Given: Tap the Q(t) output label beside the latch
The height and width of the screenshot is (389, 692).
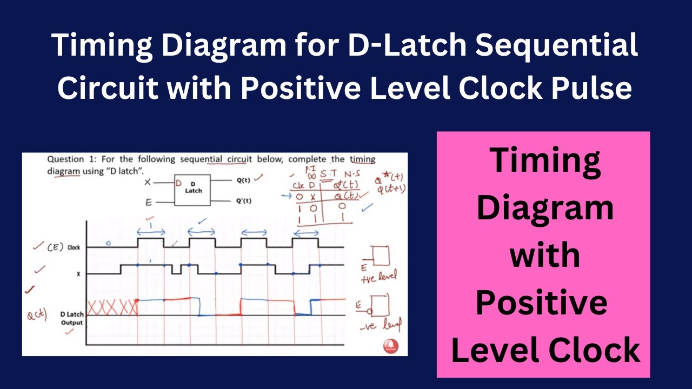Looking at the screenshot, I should click(x=244, y=180).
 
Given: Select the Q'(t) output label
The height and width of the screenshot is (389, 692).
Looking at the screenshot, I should click(x=244, y=200).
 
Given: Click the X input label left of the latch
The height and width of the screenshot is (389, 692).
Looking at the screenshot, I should click(x=147, y=182).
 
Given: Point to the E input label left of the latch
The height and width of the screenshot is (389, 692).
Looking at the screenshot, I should click(x=148, y=203).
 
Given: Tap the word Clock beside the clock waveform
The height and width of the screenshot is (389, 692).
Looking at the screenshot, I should click(x=74, y=247).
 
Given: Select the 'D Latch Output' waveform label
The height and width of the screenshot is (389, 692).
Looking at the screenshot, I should click(x=71, y=318).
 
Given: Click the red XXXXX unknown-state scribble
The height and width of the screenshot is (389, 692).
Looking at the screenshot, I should click(x=112, y=308).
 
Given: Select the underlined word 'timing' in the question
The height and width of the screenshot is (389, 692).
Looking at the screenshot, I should click(x=362, y=159).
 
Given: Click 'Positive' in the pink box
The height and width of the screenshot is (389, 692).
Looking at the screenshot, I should click(x=542, y=303).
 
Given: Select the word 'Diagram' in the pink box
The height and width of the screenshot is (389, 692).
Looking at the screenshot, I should click(x=544, y=208).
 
